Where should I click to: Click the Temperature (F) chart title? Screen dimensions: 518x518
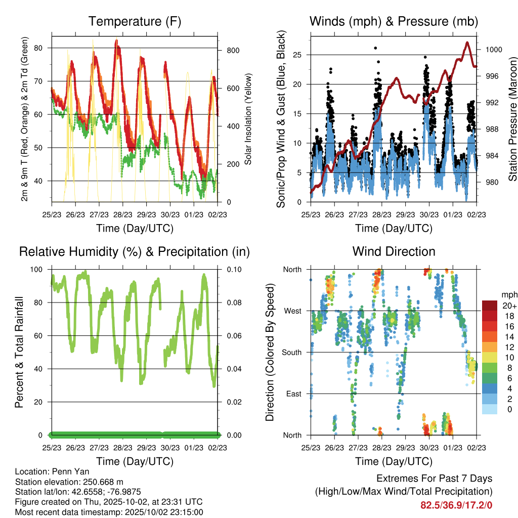(135, 21)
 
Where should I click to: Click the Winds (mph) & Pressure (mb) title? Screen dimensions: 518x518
(394, 21)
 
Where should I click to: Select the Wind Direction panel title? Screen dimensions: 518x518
(394, 251)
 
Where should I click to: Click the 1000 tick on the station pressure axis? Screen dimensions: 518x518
(493, 50)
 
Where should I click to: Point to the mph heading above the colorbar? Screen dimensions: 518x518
(508, 294)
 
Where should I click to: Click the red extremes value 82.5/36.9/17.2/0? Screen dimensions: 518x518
(456, 505)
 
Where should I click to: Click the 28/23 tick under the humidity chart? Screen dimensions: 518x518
(122, 448)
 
